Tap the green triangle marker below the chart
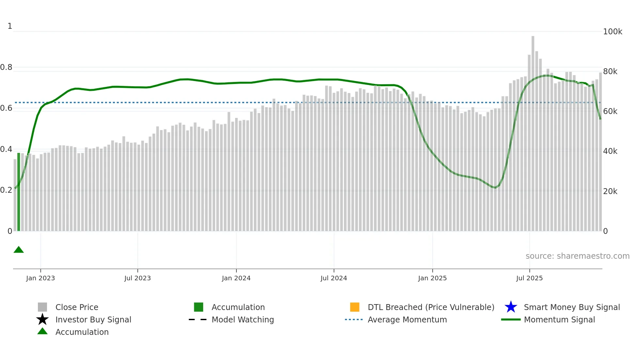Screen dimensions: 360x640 (19, 250)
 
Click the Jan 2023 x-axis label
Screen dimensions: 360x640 (40, 278)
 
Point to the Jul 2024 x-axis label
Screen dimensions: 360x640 (334, 278)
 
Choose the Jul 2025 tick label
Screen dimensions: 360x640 (529, 278)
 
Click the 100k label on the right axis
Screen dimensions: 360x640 (613, 32)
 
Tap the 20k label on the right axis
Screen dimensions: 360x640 (610, 191)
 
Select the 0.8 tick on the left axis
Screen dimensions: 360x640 (6, 67)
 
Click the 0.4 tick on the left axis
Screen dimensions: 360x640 (6, 149)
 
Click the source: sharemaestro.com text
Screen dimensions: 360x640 (577, 256)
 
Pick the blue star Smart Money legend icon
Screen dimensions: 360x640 (511, 307)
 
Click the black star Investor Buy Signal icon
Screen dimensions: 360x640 (42, 319)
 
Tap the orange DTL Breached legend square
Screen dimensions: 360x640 (355, 307)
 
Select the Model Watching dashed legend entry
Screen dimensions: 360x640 (243, 319)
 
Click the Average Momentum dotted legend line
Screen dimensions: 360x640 (354, 319)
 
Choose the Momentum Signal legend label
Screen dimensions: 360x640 (559, 319)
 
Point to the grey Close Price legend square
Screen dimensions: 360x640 (42, 307)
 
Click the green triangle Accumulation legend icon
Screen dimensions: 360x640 (42, 331)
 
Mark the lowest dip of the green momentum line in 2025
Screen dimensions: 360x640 (495, 188)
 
